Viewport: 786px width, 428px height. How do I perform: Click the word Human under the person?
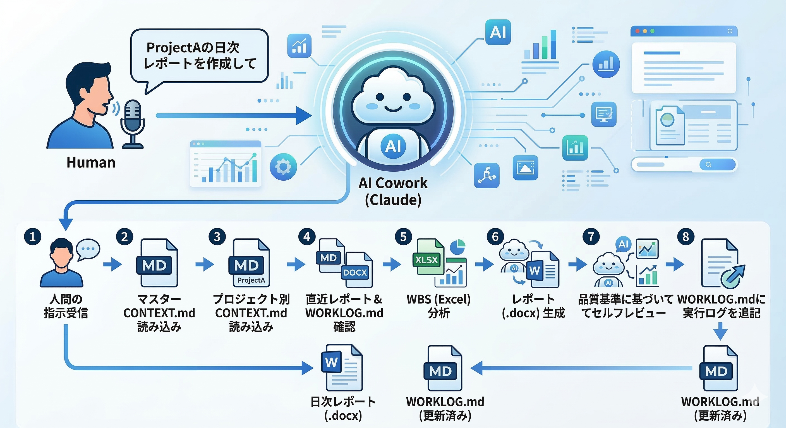click(x=91, y=162)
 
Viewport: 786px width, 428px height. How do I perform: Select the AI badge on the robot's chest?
click(x=393, y=147)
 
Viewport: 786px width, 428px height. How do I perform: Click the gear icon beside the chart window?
click(x=283, y=167)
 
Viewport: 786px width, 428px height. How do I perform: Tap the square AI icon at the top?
click(x=498, y=32)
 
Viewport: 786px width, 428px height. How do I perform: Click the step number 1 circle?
click(x=32, y=237)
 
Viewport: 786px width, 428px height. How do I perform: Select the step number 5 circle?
click(x=403, y=237)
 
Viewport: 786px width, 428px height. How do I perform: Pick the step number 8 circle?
click(x=686, y=237)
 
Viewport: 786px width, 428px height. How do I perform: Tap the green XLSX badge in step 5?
click(x=426, y=260)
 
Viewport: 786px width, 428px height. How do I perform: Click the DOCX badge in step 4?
click(x=355, y=272)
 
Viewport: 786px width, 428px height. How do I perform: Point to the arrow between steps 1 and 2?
click(x=112, y=264)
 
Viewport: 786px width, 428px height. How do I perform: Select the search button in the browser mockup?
click(x=717, y=164)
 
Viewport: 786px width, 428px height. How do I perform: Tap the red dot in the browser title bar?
click(x=638, y=31)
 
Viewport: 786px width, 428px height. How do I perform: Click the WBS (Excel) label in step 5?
click(x=438, y=299)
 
